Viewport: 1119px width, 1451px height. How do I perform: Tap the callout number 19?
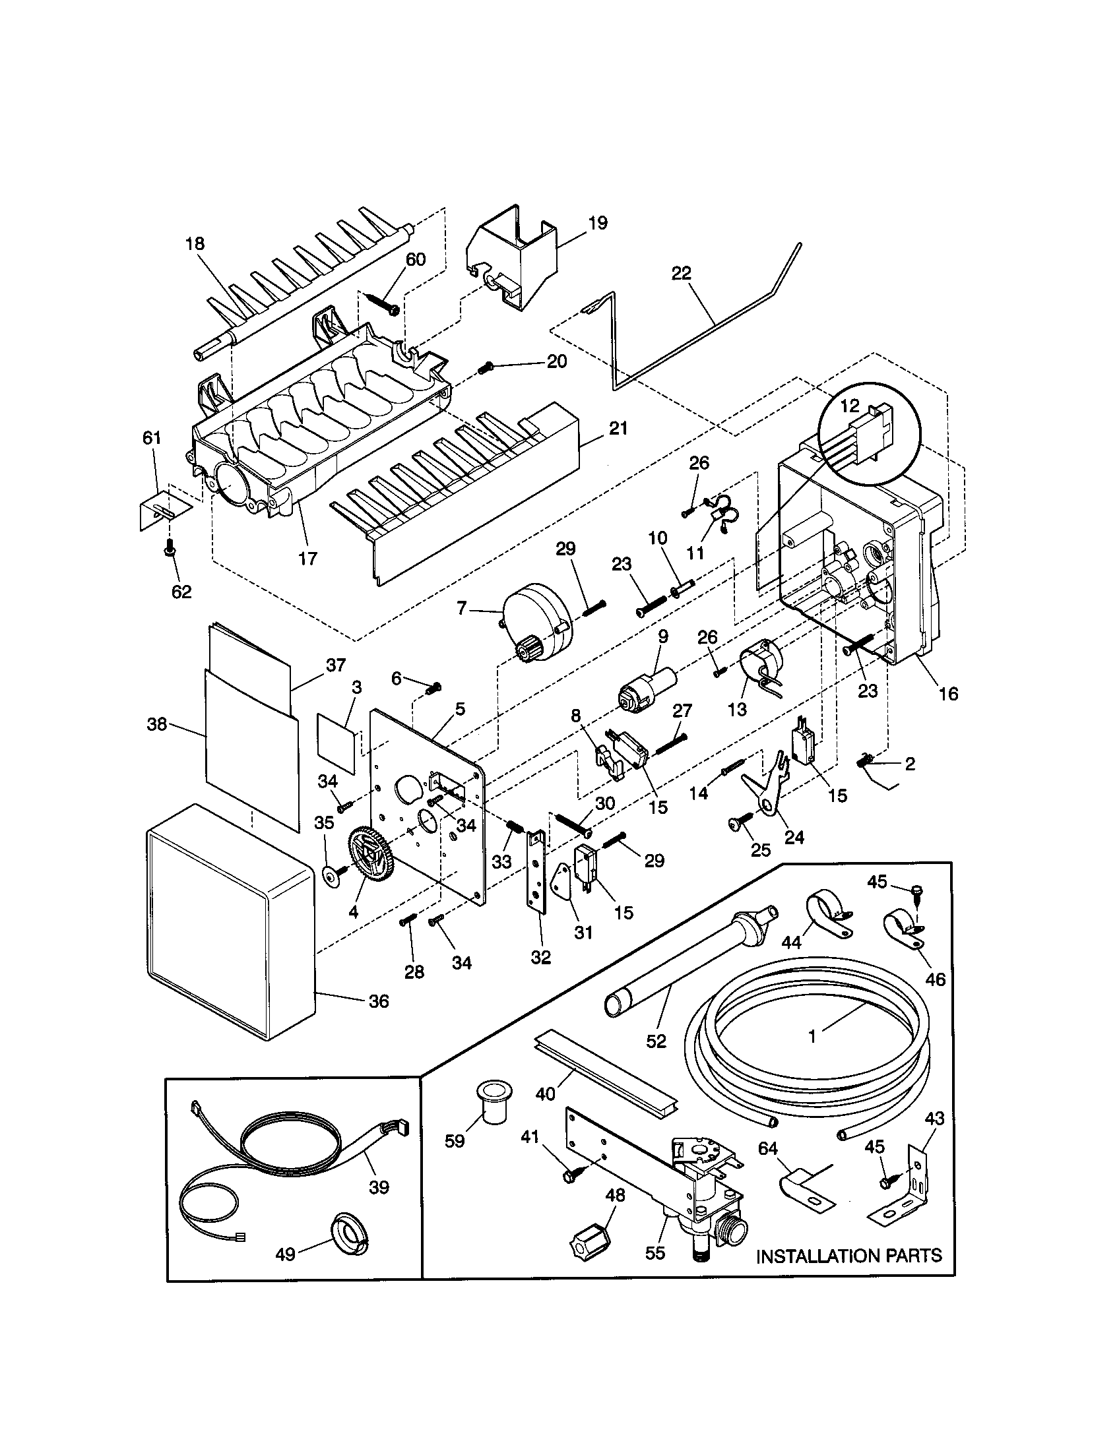pos(598,223)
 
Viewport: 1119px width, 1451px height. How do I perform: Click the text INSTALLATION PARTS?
pos(849,1256)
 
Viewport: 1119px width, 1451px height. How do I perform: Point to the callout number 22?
pos(682,273)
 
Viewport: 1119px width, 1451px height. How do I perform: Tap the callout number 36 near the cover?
pos(379,1001)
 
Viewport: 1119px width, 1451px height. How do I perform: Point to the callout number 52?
pos(656,1040)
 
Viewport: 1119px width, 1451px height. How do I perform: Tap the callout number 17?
pos(307,559)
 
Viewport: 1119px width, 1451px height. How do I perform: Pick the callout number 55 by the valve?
pos(655,1253)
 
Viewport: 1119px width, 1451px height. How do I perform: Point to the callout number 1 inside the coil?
pos(812,1035)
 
